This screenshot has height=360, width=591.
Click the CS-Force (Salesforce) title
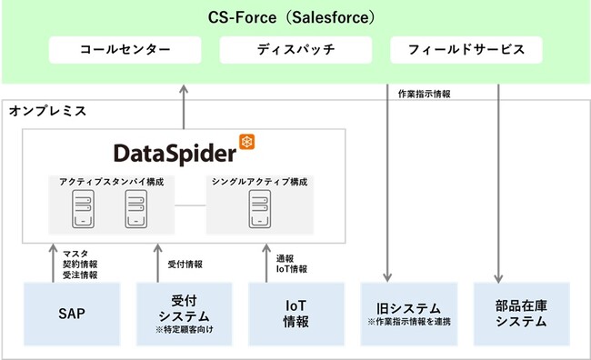[x=295, y=17]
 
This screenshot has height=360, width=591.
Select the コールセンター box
[x=124, y=49]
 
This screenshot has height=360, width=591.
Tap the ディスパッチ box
[x=295, y=49]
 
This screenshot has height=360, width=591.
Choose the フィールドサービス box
[x=466, y=49]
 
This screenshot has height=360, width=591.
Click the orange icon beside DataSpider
[x=246, y=141]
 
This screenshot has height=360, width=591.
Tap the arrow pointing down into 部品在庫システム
[x=499, y=182]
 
